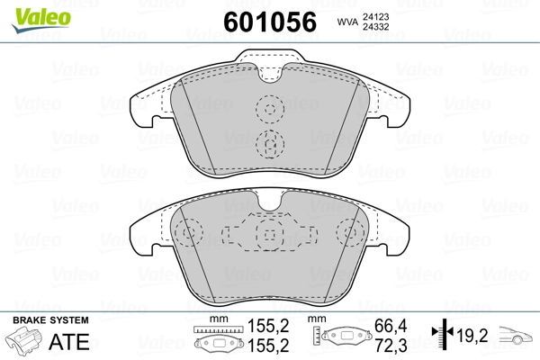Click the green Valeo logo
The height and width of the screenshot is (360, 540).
click(41, 20)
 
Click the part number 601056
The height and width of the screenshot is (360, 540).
click(270, 22)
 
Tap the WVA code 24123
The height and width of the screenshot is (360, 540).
click(375, 16)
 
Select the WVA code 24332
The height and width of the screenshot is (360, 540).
click(375, 26)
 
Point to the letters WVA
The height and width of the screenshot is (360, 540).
click(347, 22)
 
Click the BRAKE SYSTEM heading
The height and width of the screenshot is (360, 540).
click(50, 320)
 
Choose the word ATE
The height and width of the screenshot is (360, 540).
click(69, 342)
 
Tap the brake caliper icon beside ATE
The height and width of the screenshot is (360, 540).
click(23, 340)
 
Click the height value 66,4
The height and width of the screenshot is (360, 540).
click(391, 326)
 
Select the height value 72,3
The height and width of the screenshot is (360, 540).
click(391, 346)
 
